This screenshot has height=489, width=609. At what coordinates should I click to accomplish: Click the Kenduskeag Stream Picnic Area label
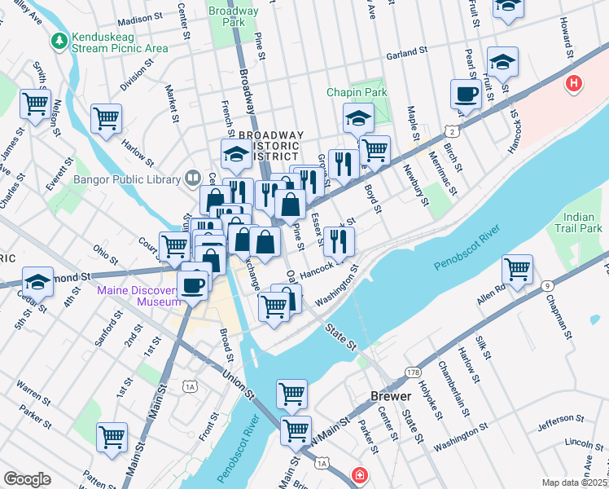coord(119,43)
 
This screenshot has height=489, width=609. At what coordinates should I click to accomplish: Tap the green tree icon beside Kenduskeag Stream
coord(59,38)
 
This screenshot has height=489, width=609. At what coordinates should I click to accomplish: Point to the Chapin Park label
coord(357,93)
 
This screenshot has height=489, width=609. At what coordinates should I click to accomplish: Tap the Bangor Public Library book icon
coord(192,176)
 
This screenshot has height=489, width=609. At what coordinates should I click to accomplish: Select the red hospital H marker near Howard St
coord(575,82)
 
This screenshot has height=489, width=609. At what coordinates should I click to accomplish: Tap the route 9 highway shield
coord(548,285)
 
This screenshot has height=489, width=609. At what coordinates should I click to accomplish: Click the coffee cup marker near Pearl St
coord(466,93)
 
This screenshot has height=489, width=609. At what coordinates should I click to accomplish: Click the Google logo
coord(28,479)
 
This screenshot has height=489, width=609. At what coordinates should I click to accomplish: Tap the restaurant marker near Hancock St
coord(339,240)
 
